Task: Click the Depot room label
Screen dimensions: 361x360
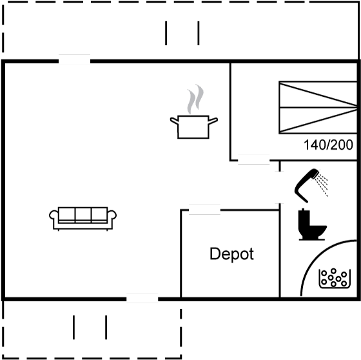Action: point(231,254)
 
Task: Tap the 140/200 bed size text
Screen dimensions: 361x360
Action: point(328,145)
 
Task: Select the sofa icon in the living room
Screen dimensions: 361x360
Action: point(83,219)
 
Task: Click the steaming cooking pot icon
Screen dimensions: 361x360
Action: point(194,112)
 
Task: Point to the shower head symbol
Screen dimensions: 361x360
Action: point(307,185)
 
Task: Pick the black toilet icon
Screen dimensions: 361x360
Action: point(312,225)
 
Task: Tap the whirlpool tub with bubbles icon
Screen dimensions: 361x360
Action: point(335,279)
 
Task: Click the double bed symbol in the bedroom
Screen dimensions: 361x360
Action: point(318,107)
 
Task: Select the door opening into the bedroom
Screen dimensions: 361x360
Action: point(254,160)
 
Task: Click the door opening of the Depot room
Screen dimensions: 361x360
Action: point(204,210)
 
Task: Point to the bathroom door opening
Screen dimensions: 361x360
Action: point(280,187)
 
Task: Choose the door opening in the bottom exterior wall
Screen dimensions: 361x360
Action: point(142,299)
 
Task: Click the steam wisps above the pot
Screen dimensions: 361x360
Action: point(195,99)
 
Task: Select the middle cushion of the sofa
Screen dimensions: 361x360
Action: point(83,215)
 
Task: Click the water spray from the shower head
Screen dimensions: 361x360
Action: point(322,183)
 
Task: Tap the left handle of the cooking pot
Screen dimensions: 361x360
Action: point(174,121)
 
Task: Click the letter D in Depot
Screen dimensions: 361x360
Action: point(215,254)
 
